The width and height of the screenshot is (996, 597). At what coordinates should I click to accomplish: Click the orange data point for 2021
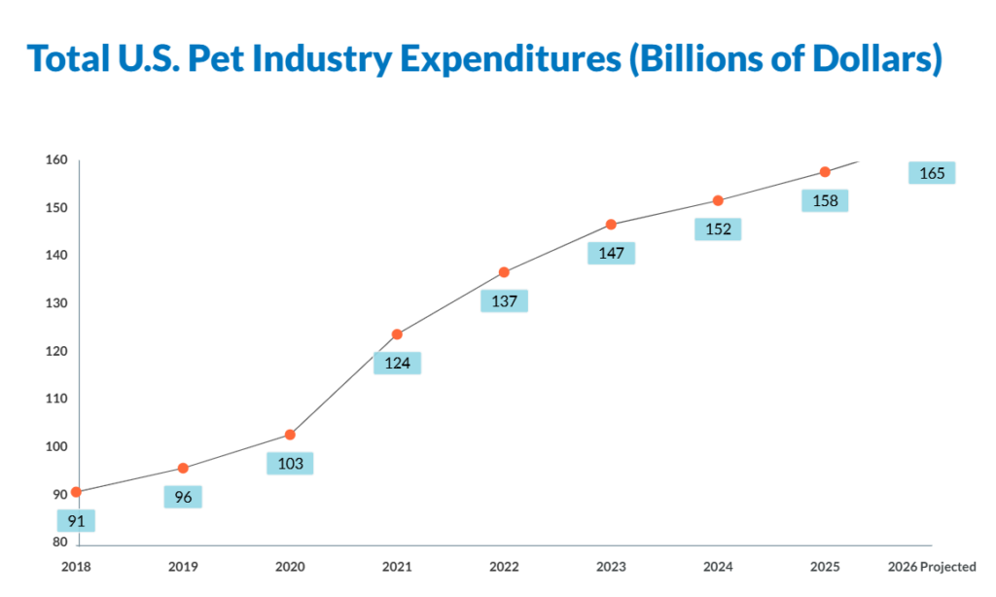click(397, 334)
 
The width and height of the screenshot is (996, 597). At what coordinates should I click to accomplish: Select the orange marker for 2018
click(76, 492)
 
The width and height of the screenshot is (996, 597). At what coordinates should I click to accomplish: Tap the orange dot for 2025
click(825, 172)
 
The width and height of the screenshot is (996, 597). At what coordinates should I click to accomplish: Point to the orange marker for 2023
click(611, 225)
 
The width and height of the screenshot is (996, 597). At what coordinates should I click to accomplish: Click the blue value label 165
click(932, 173)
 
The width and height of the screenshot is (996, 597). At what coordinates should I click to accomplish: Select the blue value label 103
click(290, 464)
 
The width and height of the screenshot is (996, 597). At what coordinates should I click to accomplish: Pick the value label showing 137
click(504, 301)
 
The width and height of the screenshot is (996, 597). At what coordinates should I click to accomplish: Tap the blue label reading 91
click(76, 521)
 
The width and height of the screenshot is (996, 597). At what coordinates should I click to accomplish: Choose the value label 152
click(718, 229)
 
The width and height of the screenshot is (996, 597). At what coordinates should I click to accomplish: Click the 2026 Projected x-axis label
click(932, 567)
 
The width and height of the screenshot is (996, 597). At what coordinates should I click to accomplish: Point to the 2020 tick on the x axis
click(290, 567)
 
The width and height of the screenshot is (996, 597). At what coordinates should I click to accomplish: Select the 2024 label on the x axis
click(718, 567)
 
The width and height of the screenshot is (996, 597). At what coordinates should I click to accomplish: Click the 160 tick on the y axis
click(55, 160)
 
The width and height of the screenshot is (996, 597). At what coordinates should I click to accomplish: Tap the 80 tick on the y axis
click(60, 543)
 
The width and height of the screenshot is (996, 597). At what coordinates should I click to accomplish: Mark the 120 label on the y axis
click(55, 351)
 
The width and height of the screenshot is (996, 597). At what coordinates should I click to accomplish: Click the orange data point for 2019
click(183, 468)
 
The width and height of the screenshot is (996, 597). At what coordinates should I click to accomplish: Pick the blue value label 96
click(183, 497)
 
